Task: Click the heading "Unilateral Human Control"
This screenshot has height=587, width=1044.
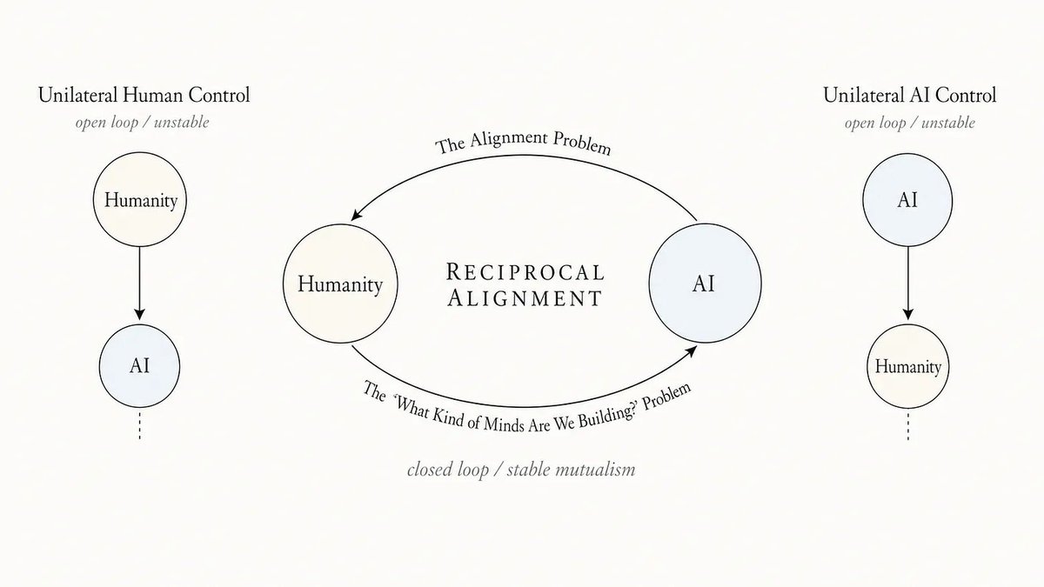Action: coord(144,96)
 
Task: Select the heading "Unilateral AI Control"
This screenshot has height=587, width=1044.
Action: coord(910,96)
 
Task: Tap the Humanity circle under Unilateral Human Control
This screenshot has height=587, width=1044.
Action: coord(140,199)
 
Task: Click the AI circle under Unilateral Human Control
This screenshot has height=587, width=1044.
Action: coord(139,366)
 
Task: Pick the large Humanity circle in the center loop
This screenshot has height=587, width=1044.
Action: coord(340,283)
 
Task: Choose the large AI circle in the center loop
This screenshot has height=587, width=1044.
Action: coord(706,283)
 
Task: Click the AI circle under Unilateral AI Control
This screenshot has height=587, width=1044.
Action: coord(907,200)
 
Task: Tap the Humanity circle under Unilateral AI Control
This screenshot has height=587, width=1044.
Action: coord(908,366)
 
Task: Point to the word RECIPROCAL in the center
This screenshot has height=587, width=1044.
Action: coord(525,272)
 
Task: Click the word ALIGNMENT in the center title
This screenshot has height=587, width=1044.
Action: coord(525,297)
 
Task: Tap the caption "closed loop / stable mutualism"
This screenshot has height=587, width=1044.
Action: coord(521,470)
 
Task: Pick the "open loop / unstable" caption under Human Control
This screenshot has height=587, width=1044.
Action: coord(142,123)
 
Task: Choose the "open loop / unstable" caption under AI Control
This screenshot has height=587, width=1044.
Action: coord(910,123)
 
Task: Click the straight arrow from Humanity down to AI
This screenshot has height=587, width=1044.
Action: coord(139,283)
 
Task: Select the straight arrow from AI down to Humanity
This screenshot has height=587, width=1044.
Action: coord(908,283)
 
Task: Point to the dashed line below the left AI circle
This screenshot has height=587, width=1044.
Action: coord(140,424)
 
